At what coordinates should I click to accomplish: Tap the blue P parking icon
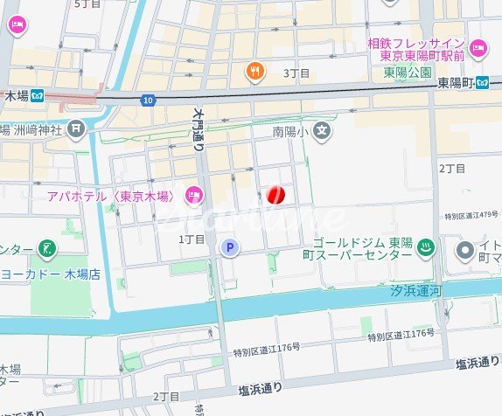(x=230, y=248)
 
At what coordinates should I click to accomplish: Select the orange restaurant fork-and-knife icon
(x=255, y=73)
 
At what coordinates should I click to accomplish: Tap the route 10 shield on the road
(x=150, y=101)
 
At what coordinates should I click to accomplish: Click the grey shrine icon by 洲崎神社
(x=77, y=128)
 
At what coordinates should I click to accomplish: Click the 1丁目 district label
(x=191, y=239)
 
